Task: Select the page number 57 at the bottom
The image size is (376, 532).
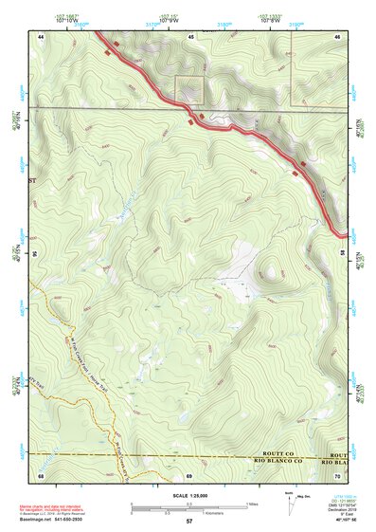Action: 189,523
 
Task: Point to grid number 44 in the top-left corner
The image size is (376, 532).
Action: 42,35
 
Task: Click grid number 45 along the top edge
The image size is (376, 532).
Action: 189,35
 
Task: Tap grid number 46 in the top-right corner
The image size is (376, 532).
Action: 337,35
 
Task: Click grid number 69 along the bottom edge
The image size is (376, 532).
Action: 189,474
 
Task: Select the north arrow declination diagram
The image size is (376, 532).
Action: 288,503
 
